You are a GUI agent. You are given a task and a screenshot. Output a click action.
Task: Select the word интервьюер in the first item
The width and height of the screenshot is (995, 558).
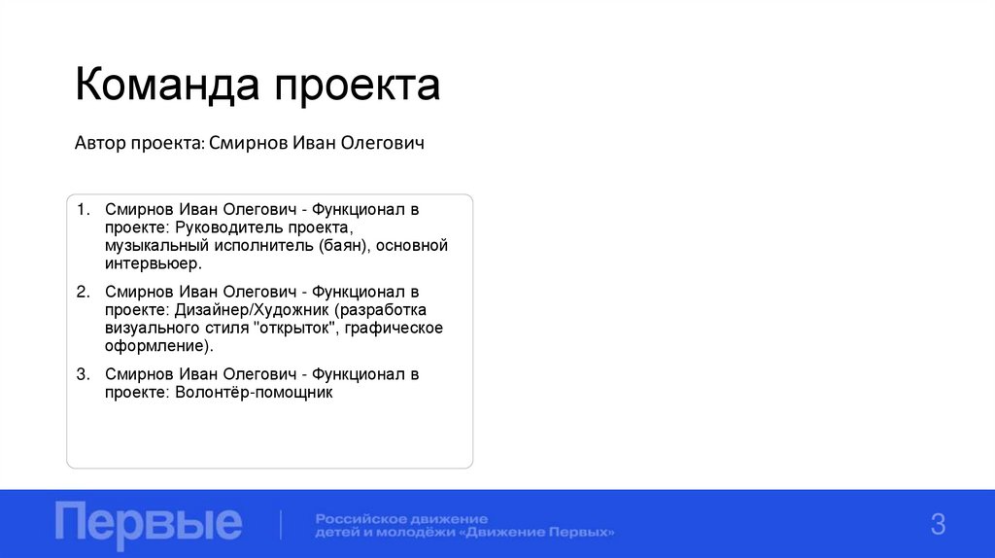(x=154, y=263)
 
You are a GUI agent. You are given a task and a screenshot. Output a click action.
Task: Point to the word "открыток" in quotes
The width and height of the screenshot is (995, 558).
(x=294, y=329)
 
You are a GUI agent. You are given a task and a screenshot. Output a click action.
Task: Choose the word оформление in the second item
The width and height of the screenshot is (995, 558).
(x=157, y=346)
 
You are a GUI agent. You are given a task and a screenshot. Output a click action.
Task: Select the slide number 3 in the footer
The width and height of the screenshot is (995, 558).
(x=938, y=525)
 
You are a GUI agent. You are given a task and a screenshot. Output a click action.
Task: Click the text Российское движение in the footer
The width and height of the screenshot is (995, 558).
(x=400, y=518)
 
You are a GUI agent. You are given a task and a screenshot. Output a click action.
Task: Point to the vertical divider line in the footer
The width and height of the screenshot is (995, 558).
(x=281, y=524)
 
